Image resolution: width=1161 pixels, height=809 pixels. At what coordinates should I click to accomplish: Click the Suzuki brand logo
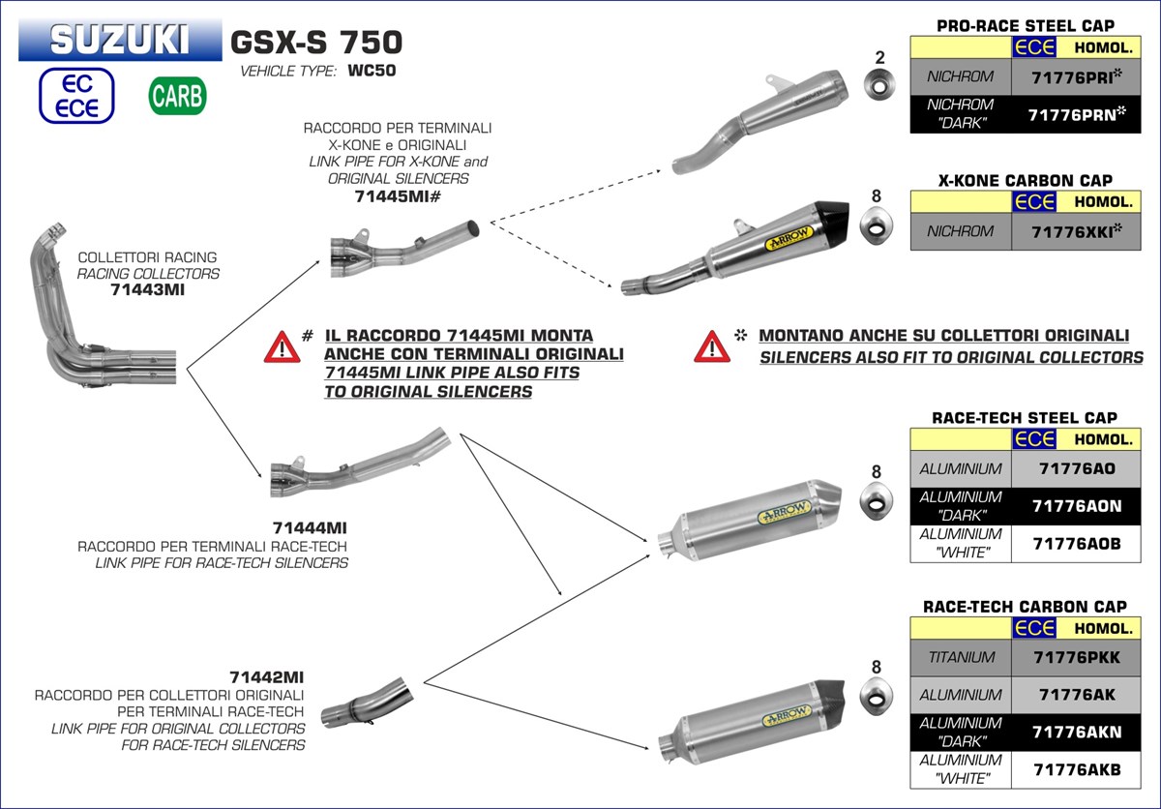point(119,40)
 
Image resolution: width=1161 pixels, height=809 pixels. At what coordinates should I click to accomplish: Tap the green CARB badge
point(176,96)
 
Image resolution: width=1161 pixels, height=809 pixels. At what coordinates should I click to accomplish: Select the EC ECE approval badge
point(77,96)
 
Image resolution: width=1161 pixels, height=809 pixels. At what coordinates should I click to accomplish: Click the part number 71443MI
point(147,288)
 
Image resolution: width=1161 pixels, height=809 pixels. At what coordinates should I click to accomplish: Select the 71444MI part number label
point(310,527)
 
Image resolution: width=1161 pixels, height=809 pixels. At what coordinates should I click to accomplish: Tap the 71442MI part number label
point(267,676)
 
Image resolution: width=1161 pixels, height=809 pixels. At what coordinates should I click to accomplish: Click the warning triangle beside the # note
point(282,345)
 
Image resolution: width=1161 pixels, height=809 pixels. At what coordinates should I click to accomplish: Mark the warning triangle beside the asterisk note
point(711,345)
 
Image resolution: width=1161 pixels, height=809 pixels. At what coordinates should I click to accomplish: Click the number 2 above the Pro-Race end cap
point(878,58)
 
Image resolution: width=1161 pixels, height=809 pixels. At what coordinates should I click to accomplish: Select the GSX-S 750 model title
point(316,42)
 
